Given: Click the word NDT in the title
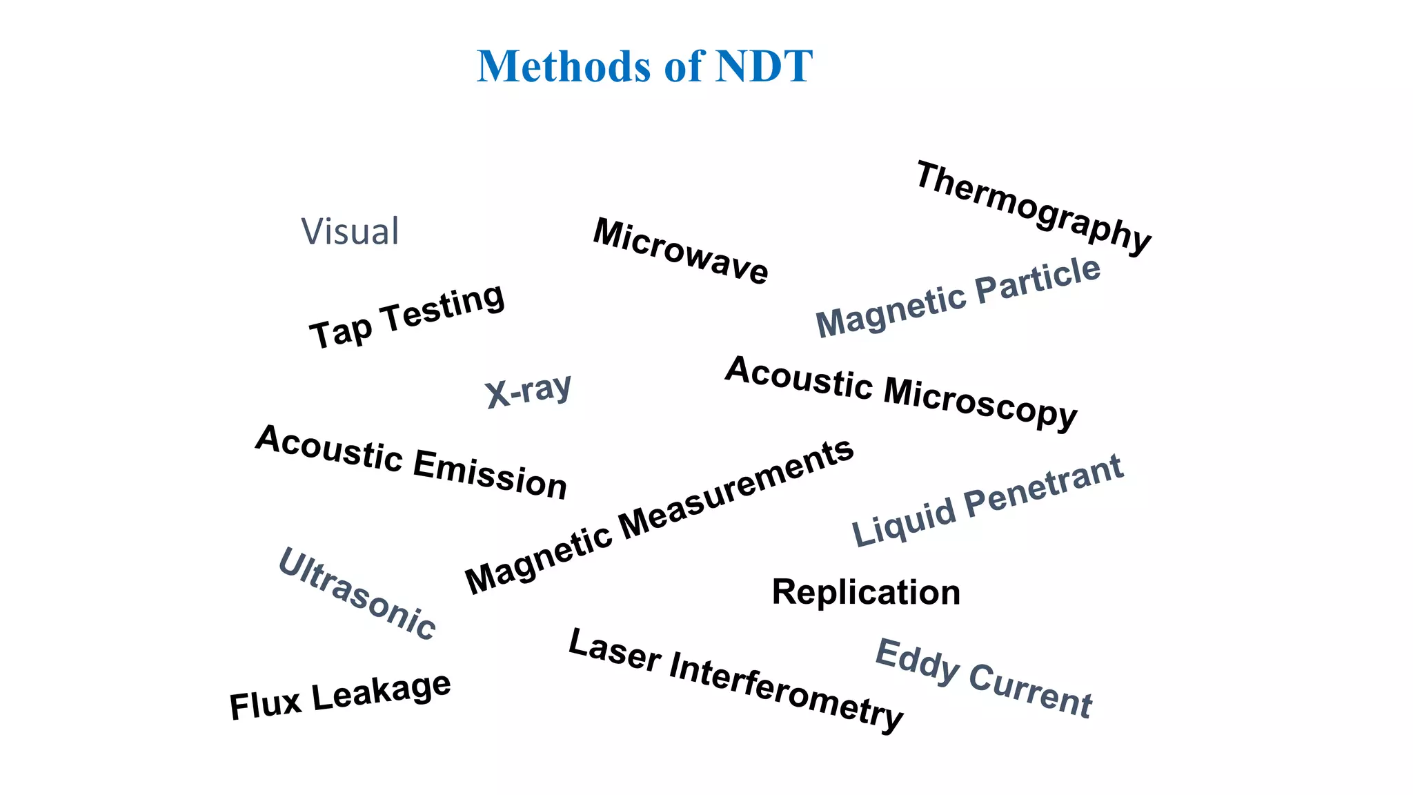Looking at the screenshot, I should tap(764, 67).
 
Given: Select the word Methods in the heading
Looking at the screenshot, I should tap(564, 67).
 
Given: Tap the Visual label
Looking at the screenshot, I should tap(350, 231).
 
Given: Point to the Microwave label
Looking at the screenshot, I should tap(680, 251).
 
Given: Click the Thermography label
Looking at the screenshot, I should tap(1033, 207).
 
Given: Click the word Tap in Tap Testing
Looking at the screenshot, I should tap(340, 331).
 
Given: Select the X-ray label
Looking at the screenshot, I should tap(528, 391).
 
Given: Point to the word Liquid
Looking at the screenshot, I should tap(904, 522).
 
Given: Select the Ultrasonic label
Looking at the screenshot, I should tap(357, 593).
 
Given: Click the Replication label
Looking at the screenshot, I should tap(866, 592).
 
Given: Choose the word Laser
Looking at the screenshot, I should tap(614, 650).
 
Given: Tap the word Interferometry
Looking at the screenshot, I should tap(786, 691).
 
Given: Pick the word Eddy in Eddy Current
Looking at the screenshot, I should tap(917, 662).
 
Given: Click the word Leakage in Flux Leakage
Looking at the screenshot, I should tap(382, 691).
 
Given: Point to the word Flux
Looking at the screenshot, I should tap(266, 705).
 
